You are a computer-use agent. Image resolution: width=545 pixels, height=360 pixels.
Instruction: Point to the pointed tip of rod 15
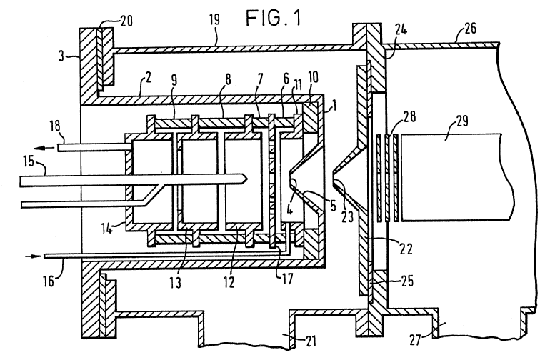246,179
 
